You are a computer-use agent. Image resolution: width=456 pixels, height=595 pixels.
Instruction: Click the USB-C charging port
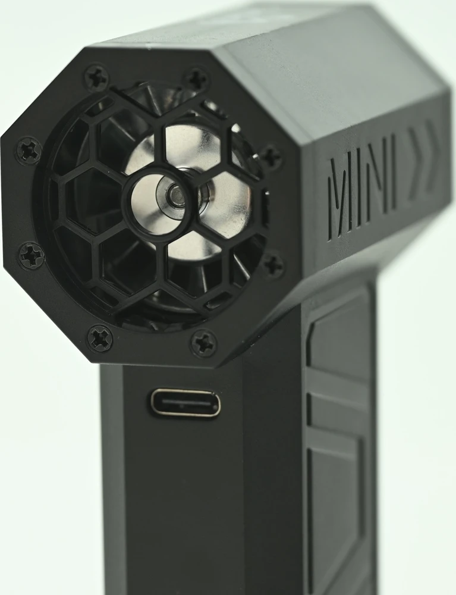[185, 403]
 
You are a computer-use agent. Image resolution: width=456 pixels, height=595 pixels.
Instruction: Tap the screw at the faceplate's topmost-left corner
[96, 77]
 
